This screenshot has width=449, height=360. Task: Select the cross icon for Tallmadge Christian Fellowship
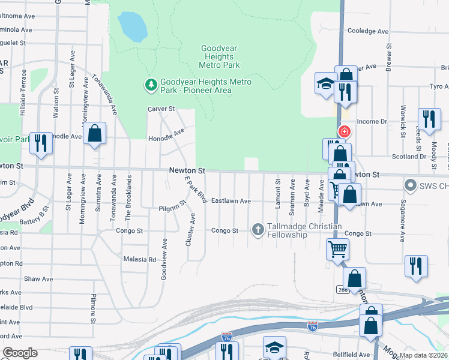pyautogui.click(x=258, y=229)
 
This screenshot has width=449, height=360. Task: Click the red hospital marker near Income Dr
pyautogui.click(x=344, y=131)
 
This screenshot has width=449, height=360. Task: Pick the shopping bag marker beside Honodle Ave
pyautogui.click(x=95, y=133)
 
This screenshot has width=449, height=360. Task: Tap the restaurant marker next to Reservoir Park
pyautogui.click(x=41, y=143)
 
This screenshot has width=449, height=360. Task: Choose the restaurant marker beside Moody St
pyautogui.click(x=429, y=119)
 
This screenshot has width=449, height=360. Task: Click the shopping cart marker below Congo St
pyautogui.click(x=337, y=248)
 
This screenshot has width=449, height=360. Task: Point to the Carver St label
pyautogui.click(x=161, y=109)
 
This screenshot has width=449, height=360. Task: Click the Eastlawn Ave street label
pyautogui.click(x=231, y=201)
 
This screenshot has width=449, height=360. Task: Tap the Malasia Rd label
pyautogui.click(x=139, y=260)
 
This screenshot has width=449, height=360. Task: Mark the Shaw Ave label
pyautogui.click(x=38, y=279)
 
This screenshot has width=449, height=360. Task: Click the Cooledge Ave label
pyautogui.click(x=369, y=31)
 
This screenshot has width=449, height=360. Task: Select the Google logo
pyautogui.click(x=20, y=353)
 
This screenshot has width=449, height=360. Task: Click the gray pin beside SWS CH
pyautogui.click(x=411, y=185)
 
